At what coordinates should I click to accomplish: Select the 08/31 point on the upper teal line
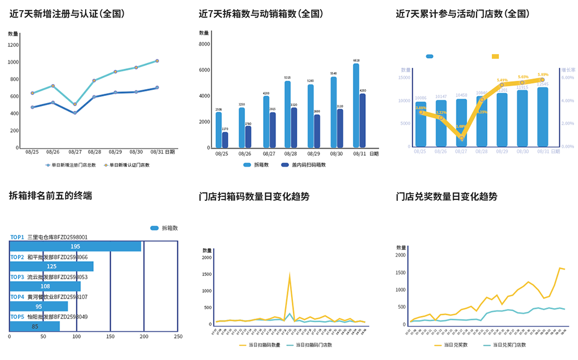coord(157,60)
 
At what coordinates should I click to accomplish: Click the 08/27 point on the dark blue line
coord(75,113)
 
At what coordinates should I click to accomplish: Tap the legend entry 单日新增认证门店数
coord(129,165)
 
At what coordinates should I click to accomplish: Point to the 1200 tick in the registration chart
coord(13,45)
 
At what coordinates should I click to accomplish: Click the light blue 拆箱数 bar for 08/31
coord(356,106)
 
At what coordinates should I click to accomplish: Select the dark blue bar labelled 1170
coord(225,139)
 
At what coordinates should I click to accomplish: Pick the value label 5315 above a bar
coord(287,78)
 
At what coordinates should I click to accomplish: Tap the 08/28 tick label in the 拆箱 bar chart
coord(291,153)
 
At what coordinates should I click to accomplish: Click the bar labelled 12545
coord(542,116)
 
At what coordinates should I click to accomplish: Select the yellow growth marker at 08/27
coord(461,138)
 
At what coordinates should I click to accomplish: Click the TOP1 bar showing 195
coord(75,246)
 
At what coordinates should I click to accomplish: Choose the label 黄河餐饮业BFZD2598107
coord(57,297)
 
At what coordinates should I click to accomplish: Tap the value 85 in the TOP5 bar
coord(35,326)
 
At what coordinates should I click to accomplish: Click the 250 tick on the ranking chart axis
coord(178,337)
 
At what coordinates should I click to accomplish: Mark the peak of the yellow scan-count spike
coord(290,275)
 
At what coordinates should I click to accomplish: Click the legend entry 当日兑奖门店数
coord(505,344)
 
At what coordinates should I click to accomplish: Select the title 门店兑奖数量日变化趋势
coord(446,196)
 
